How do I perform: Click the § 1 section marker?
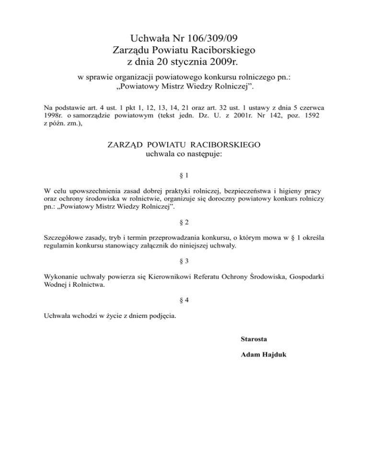coord(184,175)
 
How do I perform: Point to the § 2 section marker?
coord(184,222)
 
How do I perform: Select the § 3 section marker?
coord(184,261)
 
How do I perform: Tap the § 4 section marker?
coord(184,300)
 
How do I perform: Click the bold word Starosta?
coord(253,339)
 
